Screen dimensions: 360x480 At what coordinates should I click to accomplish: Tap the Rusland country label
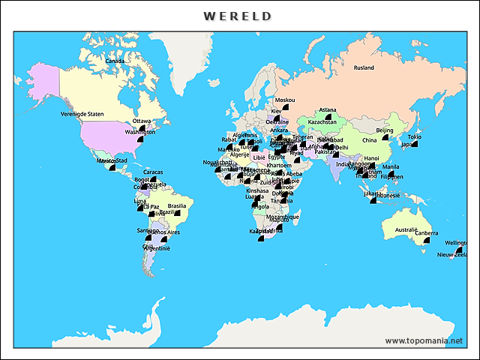(364, 68)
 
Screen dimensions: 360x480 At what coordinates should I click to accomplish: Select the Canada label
(115, 61)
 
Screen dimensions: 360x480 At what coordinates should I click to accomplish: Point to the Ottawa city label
(142, 121)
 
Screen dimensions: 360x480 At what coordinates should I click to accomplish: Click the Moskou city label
(285, 100)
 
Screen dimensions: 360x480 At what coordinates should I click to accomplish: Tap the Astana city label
(328, 110)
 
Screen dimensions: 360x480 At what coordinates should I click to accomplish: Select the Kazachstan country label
(322, 121)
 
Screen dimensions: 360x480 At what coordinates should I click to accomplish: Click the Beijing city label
(384, 130)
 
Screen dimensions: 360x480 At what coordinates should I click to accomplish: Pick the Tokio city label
(414, 136)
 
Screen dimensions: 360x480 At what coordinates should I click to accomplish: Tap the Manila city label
(391, 166)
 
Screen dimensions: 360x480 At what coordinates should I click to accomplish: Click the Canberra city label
(426, 233)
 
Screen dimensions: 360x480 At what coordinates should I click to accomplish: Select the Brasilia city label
(177, 205)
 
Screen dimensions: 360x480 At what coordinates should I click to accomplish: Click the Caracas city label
(153, 172)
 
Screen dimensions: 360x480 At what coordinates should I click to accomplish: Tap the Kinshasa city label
(257, 190)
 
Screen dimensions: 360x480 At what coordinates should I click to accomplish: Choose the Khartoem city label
(279, 165)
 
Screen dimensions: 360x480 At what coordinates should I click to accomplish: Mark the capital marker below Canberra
(425, 242)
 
